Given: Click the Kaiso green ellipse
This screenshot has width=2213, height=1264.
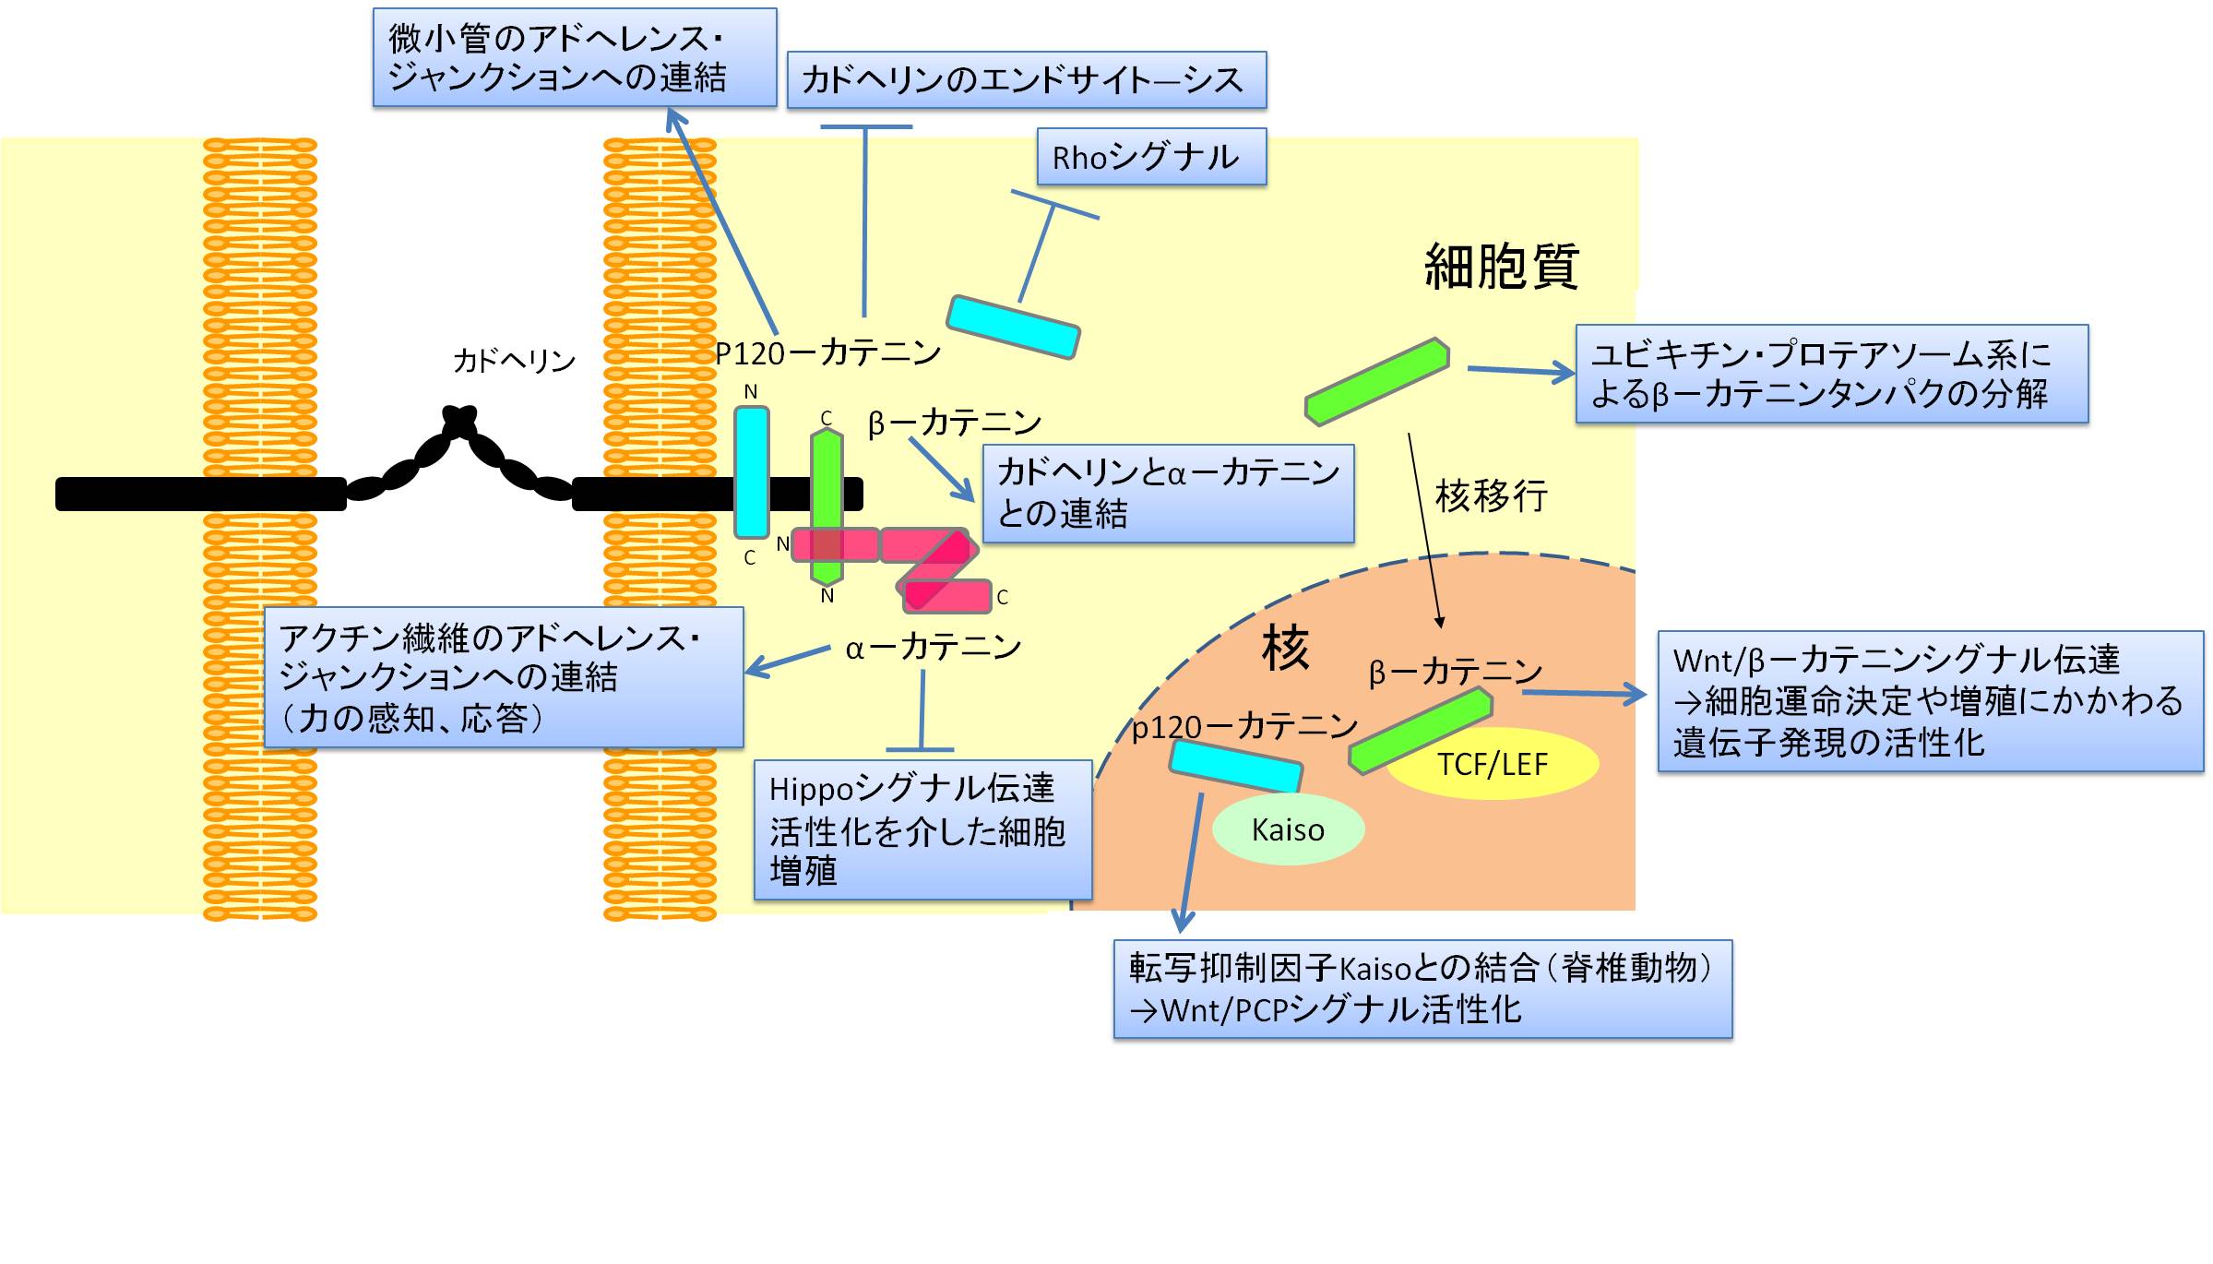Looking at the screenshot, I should click(1288, 829).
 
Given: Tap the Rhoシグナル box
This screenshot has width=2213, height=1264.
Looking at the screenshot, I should click(1151, 157).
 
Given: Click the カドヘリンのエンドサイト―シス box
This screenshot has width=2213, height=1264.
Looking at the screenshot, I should click(1026, 80).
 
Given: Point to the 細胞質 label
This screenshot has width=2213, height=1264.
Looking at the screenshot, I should click(1502, 267).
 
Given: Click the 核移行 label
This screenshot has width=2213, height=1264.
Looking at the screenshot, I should click(1491, 495).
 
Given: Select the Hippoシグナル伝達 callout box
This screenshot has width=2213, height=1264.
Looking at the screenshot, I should click(922, 829).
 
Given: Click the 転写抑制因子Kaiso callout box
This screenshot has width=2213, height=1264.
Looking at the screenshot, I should click(1422, 989).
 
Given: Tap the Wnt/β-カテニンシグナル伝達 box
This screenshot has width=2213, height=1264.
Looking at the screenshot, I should click(1930, 701).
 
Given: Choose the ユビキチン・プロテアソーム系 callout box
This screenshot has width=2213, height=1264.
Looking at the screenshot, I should click(1831, 374).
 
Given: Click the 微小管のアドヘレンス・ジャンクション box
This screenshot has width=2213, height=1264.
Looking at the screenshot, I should click(574, 58).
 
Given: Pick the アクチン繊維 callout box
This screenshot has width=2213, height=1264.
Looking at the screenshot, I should click(504, 677).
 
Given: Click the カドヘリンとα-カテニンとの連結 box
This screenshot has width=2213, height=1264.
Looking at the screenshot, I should click(1168, 494).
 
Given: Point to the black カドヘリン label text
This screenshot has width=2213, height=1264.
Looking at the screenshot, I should click(514, 360).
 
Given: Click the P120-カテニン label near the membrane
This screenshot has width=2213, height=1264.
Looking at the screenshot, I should click(827, 352).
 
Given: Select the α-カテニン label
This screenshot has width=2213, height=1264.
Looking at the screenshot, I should click(933, 647).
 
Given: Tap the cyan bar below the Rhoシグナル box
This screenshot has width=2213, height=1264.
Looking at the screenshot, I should click(1013, 327).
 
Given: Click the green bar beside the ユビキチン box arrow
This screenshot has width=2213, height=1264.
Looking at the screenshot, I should click(1376, 381).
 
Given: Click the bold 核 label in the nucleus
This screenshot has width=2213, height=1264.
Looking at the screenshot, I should click(1285, 648).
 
